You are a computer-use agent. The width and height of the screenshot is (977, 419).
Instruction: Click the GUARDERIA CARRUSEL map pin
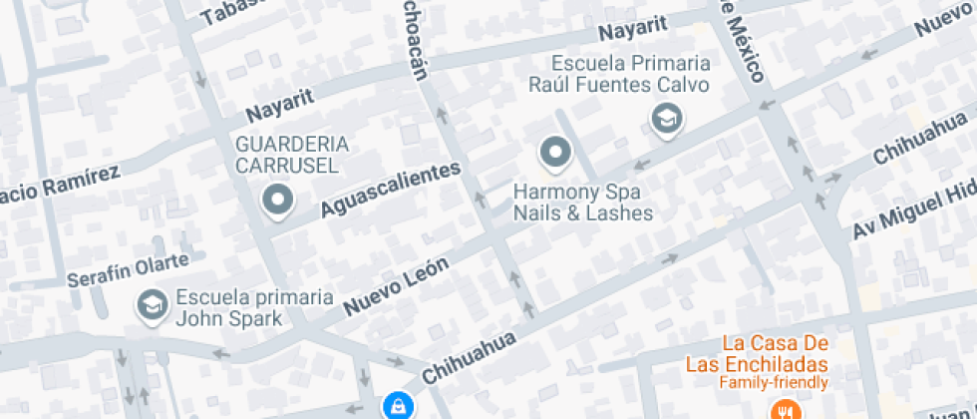point(278,201)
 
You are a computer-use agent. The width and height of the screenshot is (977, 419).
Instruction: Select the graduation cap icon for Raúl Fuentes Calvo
point(664,120)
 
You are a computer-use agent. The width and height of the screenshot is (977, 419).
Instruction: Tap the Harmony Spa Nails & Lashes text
point(582,202)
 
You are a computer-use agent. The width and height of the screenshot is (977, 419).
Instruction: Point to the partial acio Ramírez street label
point(60,183)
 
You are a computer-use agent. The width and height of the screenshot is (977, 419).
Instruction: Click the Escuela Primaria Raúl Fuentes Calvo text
point(618,74)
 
